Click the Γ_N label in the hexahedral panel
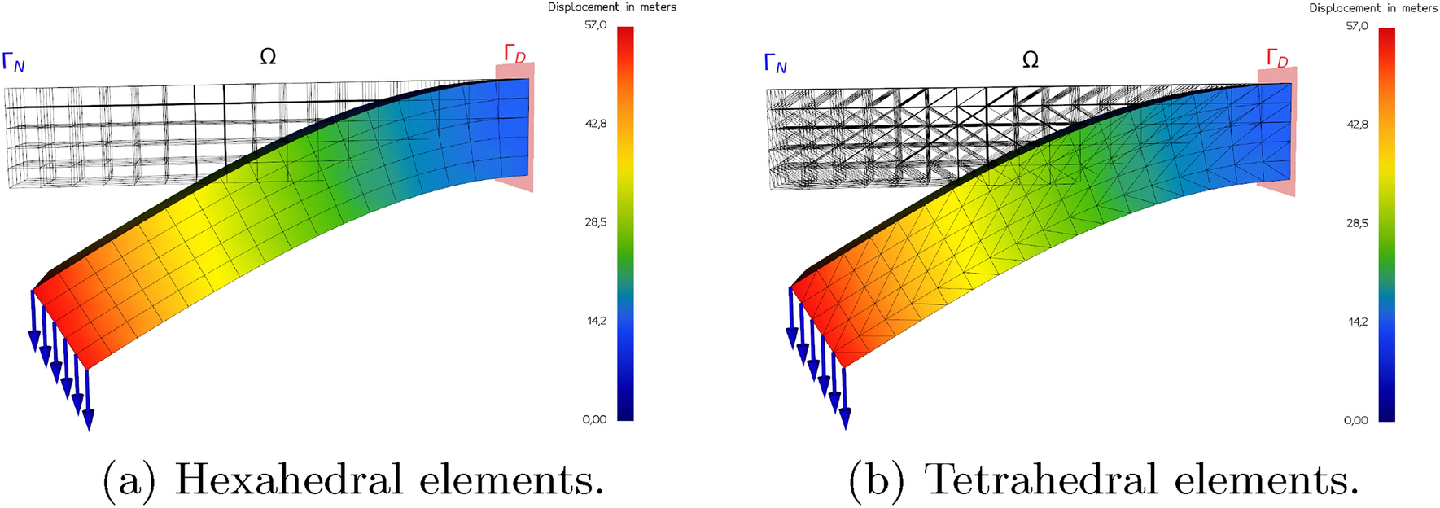(x=14, y=61)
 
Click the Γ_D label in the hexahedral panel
(x=514, y=55)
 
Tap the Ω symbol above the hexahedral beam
(x=268, y=56)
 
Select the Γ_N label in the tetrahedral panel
(x=775, y=63)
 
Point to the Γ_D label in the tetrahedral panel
(x=1276, y=58)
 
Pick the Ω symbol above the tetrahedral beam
(x=1030, y=59)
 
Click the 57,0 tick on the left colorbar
(x=595, y=25)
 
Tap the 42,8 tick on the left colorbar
(x=595, y=124)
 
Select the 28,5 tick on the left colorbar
(x=595, y=222)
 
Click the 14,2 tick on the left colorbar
(x=596, y=321)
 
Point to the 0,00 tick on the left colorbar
(x=595, y=419)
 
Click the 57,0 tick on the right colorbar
(x=1357, y=26)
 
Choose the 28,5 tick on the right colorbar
(x=1357, y=223)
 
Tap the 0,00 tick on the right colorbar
(x=1356, y=420)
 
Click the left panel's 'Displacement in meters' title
(x=611, y=7)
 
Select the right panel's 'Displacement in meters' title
(x=1373, y=8)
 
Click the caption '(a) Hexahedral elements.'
(x=352, y=479)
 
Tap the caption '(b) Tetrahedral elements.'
(x=1103, y=479)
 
